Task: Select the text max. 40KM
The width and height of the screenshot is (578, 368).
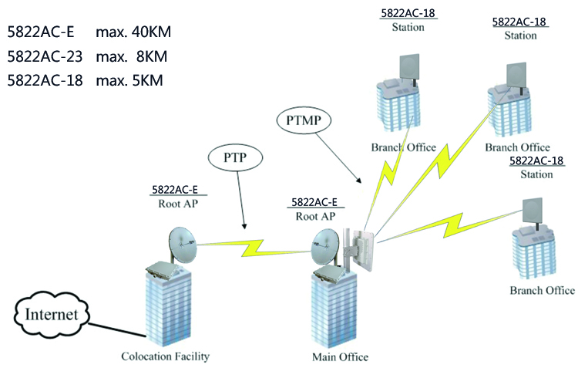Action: (x=133, y=33)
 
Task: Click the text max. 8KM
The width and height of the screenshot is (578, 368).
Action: (x=132, y=57)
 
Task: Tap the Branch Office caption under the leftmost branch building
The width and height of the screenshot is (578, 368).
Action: (x=403, y=147)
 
